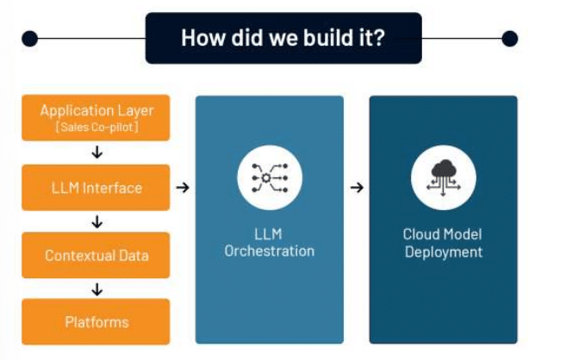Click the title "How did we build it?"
click(x=283, y=38)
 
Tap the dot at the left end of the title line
click(x=29, y=38)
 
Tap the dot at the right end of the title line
click(x=510, y=38)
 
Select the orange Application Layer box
click(x=96, y=118)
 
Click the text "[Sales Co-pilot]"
click(x=97, y=127)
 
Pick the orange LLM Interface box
click(x=96, y=188)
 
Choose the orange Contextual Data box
click(x=96, y=255)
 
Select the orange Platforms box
click(x=96, y=322)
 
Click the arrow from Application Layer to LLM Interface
click(x=97, y=152)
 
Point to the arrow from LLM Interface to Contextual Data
click(x=97, y=221)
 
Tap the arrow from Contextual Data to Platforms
click(x=97, y=289)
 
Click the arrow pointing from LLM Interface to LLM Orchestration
click(x=183, y=188)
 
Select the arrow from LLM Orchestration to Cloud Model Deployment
click(x=357, y=188)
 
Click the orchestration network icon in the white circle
click(x=270, y=177)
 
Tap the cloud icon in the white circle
click(x=444, y=177)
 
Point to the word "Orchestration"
click(x=270, y=251)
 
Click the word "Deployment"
click(x=444, y=252)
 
